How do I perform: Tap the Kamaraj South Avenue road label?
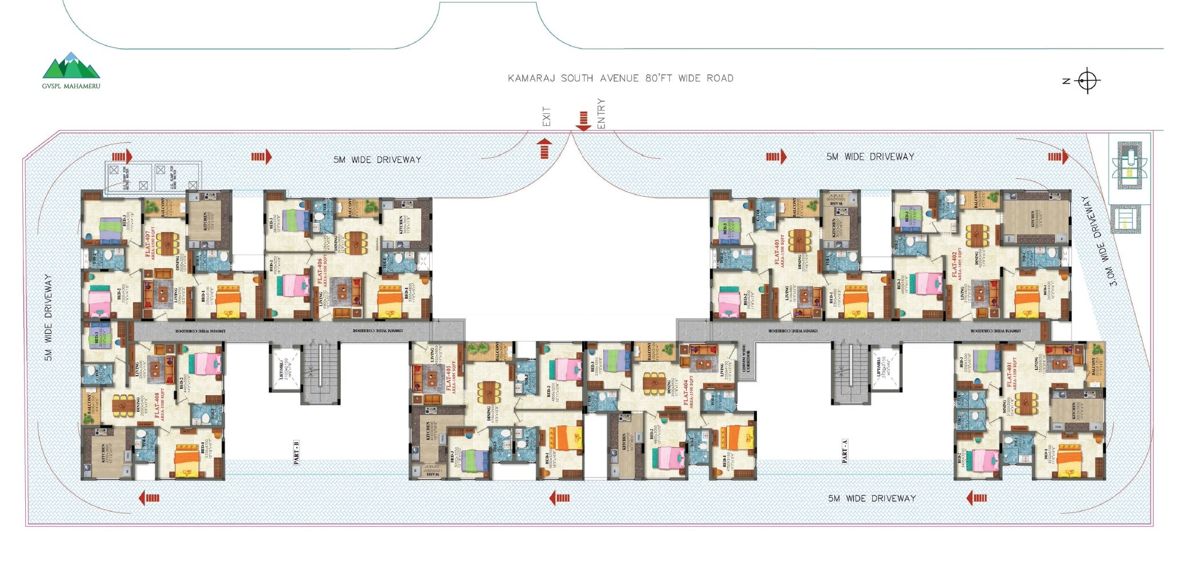(620, 78)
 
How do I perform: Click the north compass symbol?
(1086, 81)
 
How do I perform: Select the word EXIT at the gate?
(546, 116)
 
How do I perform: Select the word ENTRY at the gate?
(601, 113)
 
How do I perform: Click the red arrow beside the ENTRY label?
(583, 121)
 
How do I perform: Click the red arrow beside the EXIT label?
(544, 148)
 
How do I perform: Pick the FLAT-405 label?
(449, 376)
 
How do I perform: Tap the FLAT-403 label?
(778, 253)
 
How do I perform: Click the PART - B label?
(297, 452)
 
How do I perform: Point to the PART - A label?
(845, 451)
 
